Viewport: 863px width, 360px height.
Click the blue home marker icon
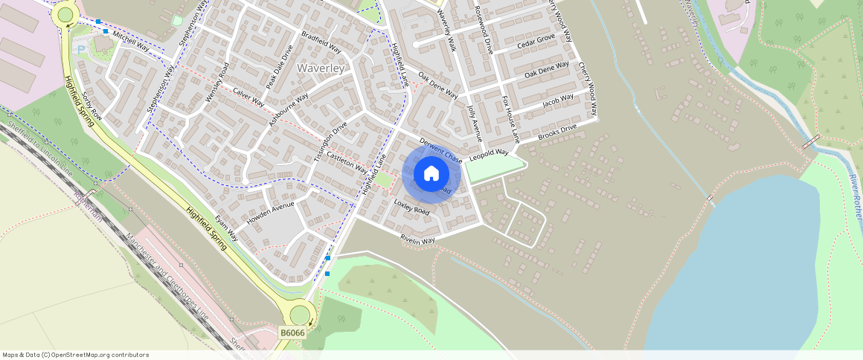pyautogui.click(x=431, y=174)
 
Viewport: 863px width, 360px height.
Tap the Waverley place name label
pyautogui.click(x=321, y=68)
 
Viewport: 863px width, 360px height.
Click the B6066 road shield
pyautogui.click(x=292, y=332)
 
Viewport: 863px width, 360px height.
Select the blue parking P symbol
pyautogui.click(x=81, y=50)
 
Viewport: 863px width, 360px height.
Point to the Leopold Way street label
pyautogui.click(x=488, y=153)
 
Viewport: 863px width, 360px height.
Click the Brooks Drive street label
pyautogui.click(x=557, y=132)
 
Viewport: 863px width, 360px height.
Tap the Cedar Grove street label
pyautogui.click(x=536, y=42)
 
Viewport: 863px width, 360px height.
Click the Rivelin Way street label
pyautogui.click(x=417, y=240)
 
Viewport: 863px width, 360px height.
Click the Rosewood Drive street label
pyautogui.click(x=481, y=30)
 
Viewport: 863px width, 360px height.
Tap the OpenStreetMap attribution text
pyautogui.click(x=75, y=355)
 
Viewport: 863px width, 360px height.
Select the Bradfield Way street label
pyautogui.click(x=321, y=42)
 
